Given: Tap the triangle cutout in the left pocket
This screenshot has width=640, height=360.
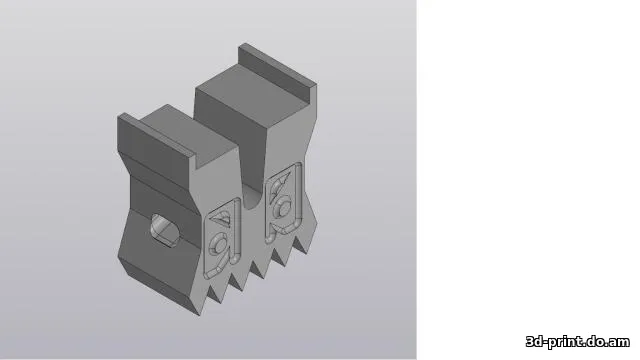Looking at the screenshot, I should click(x=226, y=213).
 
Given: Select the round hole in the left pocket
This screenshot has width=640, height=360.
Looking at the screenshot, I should click(x=219, y=243).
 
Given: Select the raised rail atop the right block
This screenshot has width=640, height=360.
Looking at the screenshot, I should click(x=274, y=64).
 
